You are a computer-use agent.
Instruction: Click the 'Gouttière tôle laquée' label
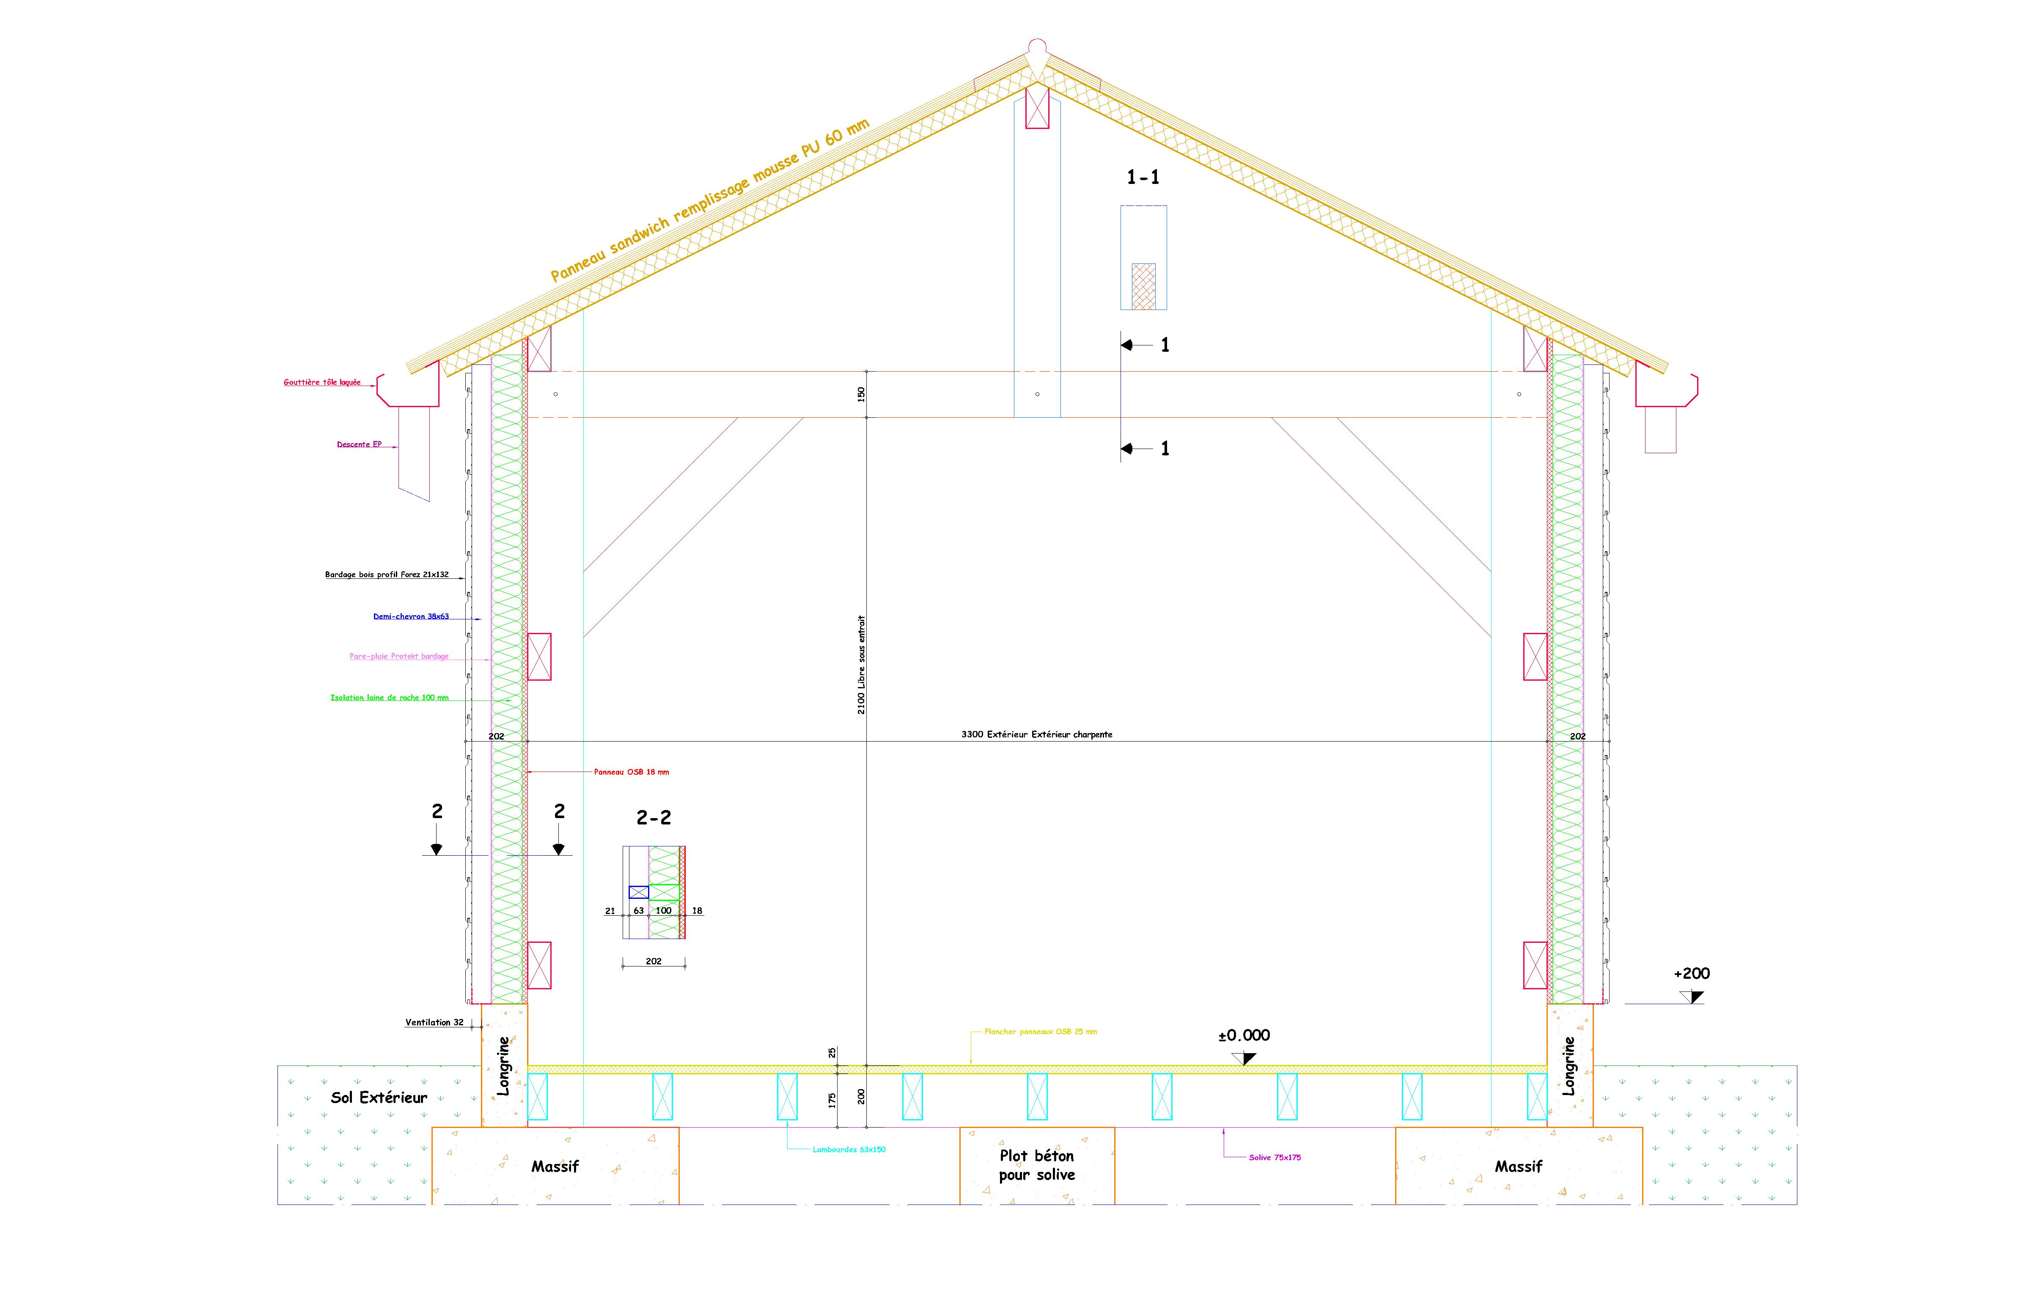(322, 383)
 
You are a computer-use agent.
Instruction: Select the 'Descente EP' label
(359, 444)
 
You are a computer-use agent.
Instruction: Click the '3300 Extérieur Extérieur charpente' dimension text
(1037, 734)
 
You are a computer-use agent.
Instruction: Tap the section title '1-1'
(1143, 177)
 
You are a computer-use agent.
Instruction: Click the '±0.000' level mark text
(1244, 1035)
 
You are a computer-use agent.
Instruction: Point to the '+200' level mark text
(1692, 974)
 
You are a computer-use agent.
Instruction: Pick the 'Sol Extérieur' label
(379, 1098)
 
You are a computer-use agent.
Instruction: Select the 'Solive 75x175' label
(1275, 1158)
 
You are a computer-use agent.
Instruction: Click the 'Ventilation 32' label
(434, 1023)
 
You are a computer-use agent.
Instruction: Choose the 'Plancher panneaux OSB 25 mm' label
(1041, 1032)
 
